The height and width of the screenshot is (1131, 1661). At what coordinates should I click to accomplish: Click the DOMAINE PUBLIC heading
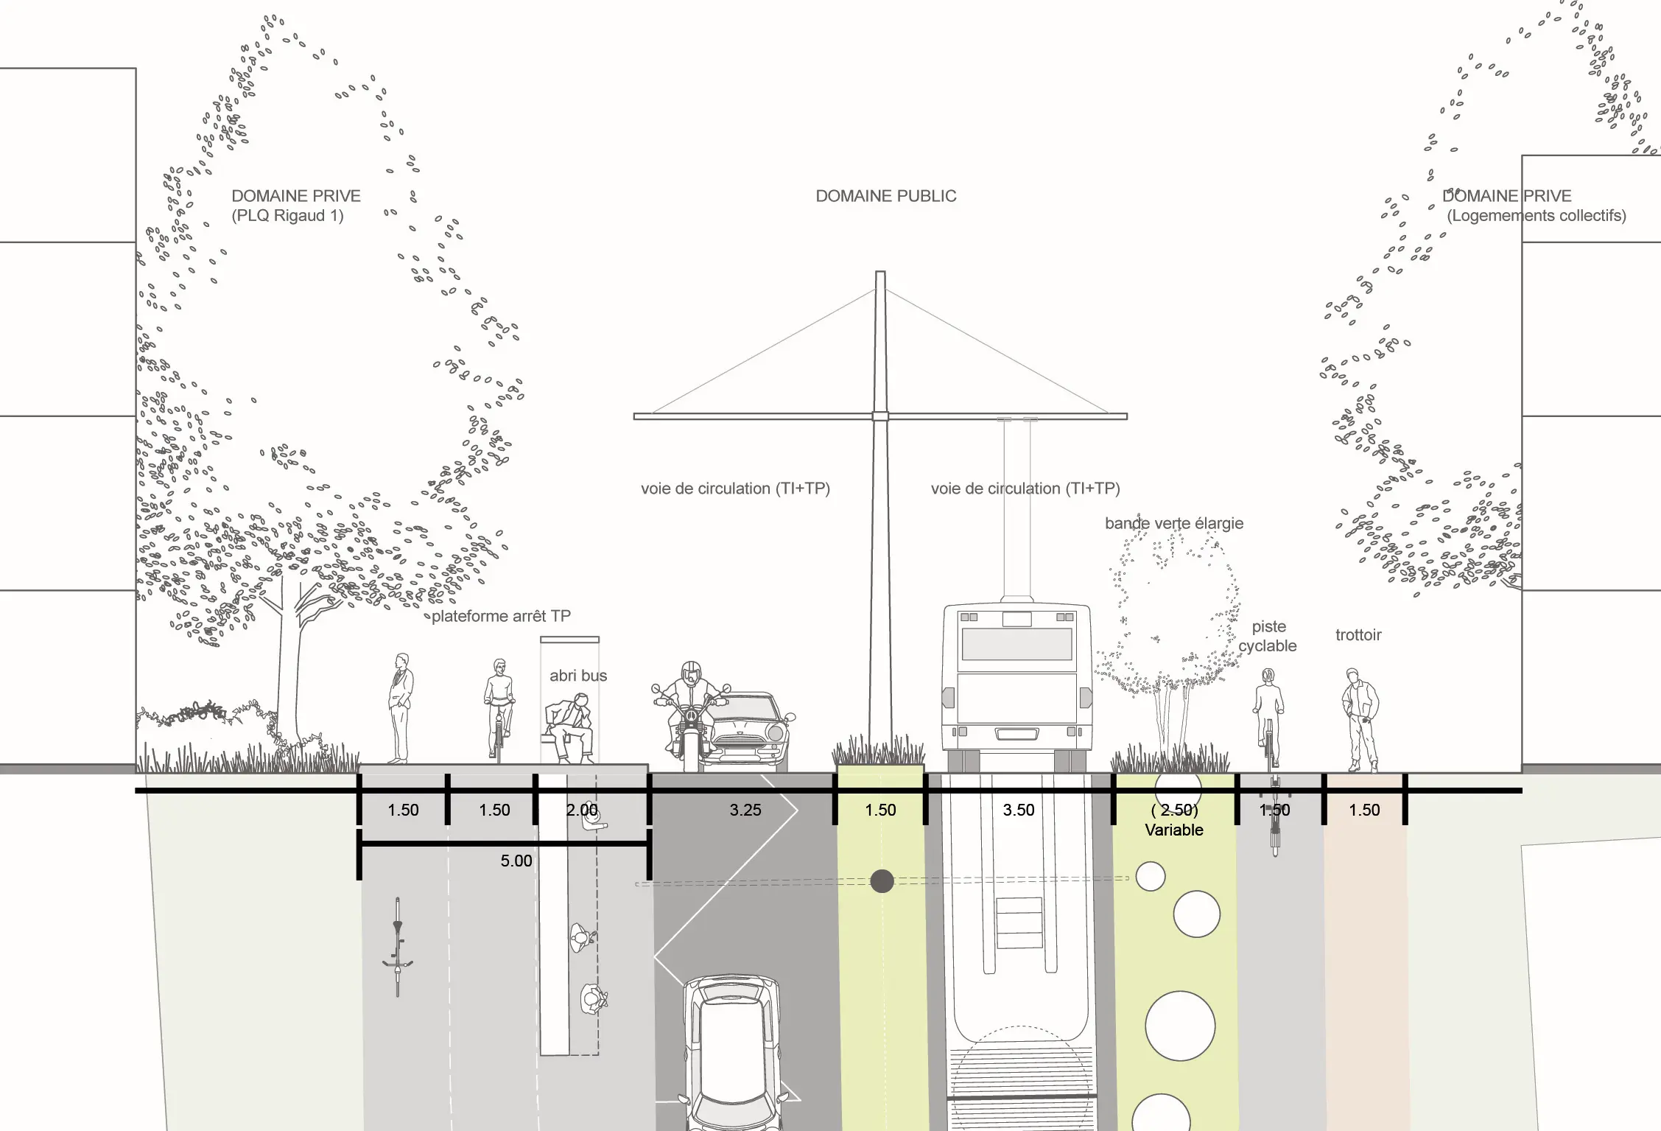click(885, 196)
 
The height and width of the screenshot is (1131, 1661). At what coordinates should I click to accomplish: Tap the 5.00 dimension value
click(516, 861)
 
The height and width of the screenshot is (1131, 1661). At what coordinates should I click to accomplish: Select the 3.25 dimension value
click(745, 810)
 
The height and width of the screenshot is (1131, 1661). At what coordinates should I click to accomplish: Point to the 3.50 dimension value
click(1018, 810)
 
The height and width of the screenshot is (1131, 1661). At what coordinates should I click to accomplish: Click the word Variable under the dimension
click(1173, 830)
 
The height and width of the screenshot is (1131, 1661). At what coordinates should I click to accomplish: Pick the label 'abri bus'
click(578, 676)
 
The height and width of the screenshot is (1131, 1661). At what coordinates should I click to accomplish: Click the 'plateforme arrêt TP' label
click(501, 616)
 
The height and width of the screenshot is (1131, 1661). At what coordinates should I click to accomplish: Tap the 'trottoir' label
click(1358, 635)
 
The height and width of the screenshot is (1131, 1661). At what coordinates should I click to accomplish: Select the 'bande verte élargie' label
click(1173, 523)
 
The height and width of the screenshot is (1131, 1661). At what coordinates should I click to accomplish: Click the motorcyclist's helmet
click(691, 672)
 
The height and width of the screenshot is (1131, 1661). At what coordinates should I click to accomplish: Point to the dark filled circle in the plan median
click(882, 880)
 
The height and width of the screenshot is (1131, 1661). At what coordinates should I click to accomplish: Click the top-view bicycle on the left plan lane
click(398, 947)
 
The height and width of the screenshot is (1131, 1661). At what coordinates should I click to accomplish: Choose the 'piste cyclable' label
click(1268, 636)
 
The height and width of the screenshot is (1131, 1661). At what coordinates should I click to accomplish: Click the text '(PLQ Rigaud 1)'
click(287, 216)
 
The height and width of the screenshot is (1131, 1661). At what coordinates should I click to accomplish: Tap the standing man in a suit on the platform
click(400, 707)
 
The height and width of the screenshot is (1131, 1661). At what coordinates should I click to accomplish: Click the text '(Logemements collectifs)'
click(1536, 216)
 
